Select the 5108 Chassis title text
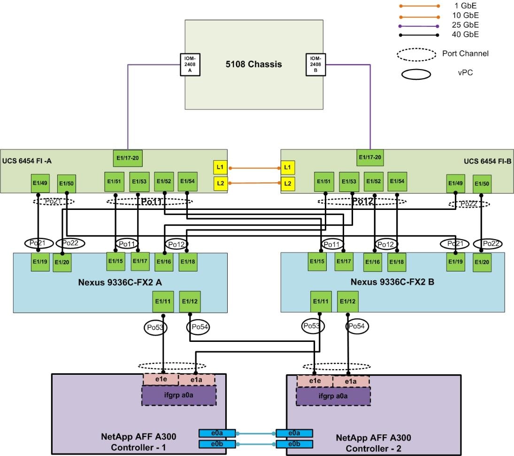[x=253, y=64]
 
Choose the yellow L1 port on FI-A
[x=220, y=167]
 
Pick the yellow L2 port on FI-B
[x=288, y=183]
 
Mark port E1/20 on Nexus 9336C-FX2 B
[x=482, y=263]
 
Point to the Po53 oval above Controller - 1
[x=155, y=326]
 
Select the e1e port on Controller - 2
[x=315, y=381]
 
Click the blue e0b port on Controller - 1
[x=216, y=444]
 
